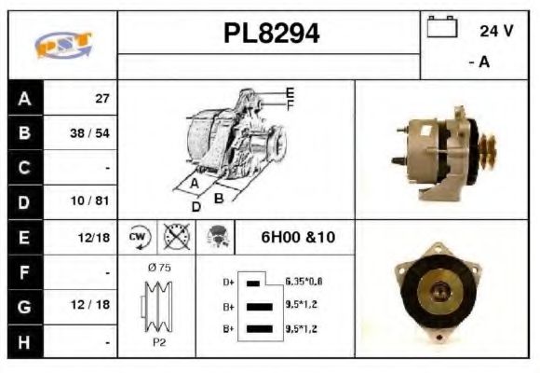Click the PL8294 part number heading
pos(271,34)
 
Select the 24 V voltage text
pos(496,31)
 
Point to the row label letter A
pos(24,98)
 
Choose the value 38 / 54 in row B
pos(91,132)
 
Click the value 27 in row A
pos(102,98)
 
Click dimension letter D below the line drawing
pos(196,207)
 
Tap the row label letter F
pos(24,271)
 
